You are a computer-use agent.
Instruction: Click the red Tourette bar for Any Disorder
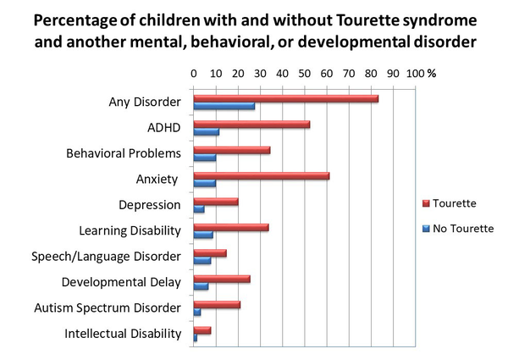(x=285, y=98)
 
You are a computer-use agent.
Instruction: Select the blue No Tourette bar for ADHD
(x=206, y=132)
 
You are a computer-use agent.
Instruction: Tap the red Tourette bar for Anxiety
(x=261, y=175)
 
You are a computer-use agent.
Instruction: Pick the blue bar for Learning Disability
(x=203, y=235)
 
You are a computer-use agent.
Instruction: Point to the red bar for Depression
(x=215, y=202)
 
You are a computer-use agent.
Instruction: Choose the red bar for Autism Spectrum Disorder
(x=217, y=304)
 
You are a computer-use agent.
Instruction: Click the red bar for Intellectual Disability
(x=202, y=330)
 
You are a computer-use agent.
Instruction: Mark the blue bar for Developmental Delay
(x=201, y=287)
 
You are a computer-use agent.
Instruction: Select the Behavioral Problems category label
(x=124, y=153)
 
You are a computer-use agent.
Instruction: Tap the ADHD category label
(x=164, y=128)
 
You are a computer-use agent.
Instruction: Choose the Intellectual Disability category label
(x=123, y=334)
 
